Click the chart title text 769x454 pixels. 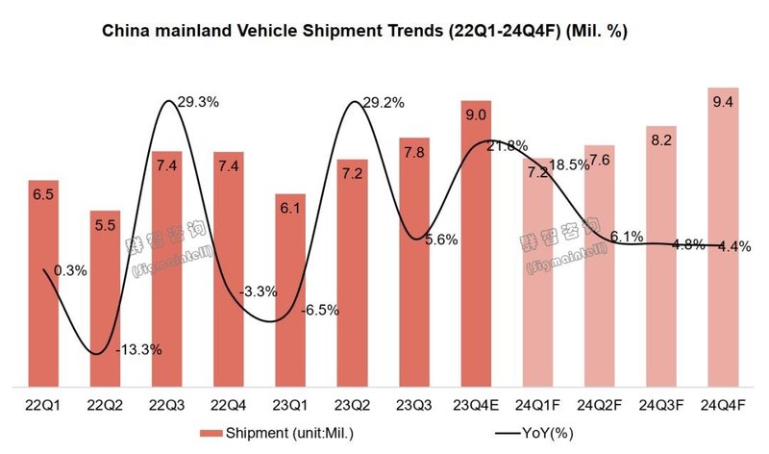click(364, 32)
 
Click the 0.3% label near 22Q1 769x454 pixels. click(69, 271)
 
